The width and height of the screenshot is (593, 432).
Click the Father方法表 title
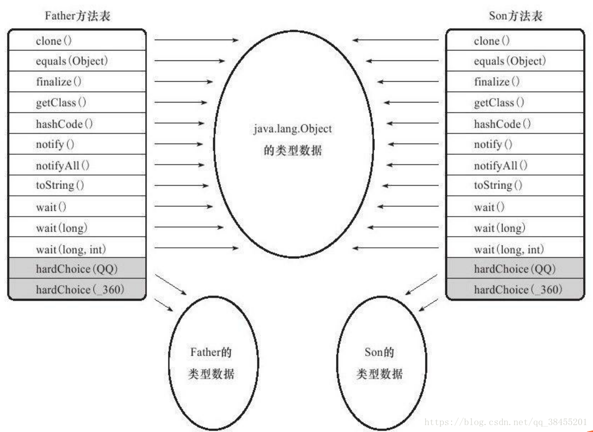77,16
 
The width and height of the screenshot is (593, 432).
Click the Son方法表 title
515,16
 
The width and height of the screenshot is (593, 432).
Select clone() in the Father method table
54,41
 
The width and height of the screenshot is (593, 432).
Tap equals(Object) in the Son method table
509,61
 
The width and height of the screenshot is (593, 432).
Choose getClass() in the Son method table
499,103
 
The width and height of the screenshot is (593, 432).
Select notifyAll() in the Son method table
501,166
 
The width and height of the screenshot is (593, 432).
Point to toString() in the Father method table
60,186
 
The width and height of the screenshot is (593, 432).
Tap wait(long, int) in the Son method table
508,249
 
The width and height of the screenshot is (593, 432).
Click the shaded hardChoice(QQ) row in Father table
77,269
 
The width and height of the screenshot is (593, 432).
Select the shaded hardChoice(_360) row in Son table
518,290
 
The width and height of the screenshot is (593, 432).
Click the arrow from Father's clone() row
196,40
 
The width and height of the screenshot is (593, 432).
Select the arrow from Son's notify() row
413,144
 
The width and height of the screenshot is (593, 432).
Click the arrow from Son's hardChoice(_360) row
428,305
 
